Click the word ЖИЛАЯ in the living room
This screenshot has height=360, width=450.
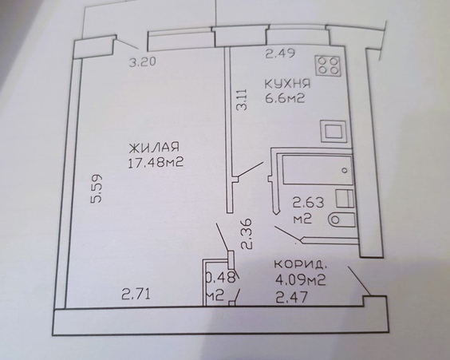pos(154,147)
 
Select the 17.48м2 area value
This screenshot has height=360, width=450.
pos(156,163)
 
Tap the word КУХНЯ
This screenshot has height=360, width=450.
pos(287,84)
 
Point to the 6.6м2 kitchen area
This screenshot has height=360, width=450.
pos(284,99)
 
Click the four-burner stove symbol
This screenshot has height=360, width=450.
pos(328,65)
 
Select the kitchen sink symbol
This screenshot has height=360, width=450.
pos(334,132)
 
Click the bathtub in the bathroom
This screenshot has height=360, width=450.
pos(318,170)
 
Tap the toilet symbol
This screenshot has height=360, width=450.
pos(341,220)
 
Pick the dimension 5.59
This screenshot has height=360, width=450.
pos(96,188)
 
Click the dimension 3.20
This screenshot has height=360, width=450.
pos(143,62)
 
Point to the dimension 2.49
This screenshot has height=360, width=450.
pos(280,53)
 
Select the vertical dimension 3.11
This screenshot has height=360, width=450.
pos(242,99)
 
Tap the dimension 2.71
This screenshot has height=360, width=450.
pos(136,295)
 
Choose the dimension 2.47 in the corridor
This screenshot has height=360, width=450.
pos(291,297)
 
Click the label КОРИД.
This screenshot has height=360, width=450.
pos(300,264)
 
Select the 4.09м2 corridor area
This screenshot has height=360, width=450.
pos(300,279)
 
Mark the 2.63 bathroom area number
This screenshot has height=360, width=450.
pos(308,203)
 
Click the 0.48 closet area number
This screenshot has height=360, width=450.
pos(222,278)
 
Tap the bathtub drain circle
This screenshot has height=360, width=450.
pos(345,170)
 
